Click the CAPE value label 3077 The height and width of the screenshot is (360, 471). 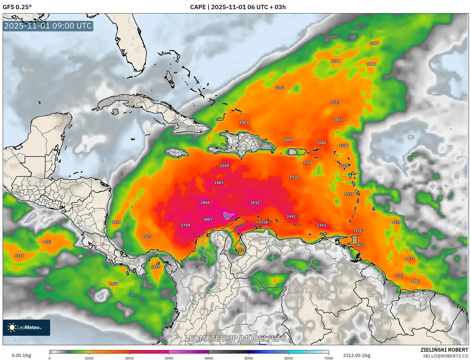[227, 216]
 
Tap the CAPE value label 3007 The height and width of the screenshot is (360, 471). [208, 219]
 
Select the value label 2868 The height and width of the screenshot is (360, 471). [205, 202]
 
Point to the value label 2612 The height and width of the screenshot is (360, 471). [255, 202]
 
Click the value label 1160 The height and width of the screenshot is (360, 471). [374, 43]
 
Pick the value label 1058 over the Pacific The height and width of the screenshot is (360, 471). [113, 284]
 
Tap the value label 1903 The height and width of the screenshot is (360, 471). [244, 123]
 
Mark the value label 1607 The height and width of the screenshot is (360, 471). [416, 281]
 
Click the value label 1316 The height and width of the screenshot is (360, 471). [19, 256]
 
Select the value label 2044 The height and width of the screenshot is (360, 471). [321, 143]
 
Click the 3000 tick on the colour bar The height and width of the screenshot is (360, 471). [169, 358]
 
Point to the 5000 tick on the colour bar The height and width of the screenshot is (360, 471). [249, 358]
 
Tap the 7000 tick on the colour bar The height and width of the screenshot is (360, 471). [329, 358]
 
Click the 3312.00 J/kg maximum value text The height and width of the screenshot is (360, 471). [356, 355]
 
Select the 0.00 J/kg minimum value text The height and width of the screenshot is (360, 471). [21, 355]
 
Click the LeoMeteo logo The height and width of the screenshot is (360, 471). [26, 327]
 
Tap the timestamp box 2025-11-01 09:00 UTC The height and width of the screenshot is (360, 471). [48, 26]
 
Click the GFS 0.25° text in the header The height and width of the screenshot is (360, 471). [17, 7]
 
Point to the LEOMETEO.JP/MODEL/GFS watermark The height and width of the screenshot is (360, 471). [236, 338]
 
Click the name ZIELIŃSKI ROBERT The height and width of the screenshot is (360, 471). [444, 350]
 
